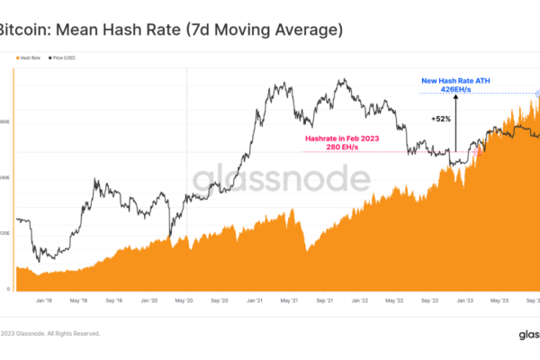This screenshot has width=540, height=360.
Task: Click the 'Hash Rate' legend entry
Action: click(29, 58)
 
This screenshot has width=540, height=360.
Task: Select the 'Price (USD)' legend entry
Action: click(63, 58)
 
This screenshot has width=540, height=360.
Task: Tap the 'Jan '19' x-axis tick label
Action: click(42, 301)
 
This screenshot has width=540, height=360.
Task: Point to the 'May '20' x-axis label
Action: click(184, 301)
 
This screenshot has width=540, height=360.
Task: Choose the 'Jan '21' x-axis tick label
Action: click(256, 301)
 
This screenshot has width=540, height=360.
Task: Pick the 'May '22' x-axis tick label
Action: click(394, 301)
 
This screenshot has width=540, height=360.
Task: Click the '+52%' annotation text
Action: click(441, 118)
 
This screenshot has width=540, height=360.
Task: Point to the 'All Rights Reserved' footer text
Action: click(72, 333)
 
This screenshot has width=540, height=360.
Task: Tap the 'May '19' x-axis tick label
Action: click(78, 301)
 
